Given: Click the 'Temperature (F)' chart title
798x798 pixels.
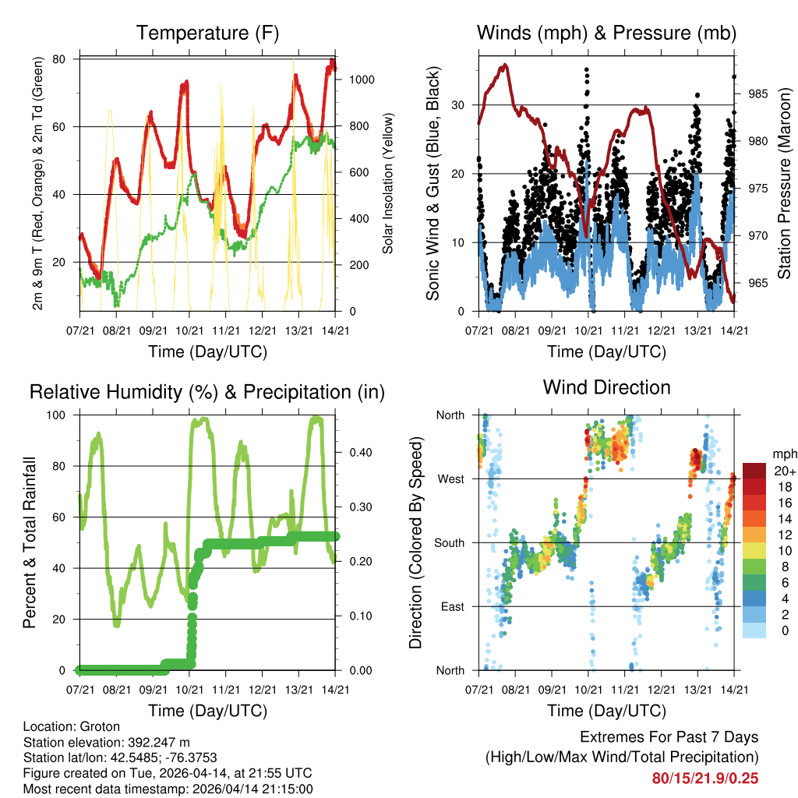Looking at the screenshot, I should tap(207, 34).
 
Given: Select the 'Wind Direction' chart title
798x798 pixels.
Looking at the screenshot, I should tap(606, 387).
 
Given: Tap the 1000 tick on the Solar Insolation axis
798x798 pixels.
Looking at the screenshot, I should tap(363, 79).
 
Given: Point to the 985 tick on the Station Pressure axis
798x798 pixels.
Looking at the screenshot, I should tap(757, 94).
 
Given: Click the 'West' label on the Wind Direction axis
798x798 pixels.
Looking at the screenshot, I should tap(450, 478).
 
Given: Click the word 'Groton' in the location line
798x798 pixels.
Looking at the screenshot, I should tap(100, 727).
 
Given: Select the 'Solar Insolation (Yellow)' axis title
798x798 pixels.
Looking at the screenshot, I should tap(387, 183).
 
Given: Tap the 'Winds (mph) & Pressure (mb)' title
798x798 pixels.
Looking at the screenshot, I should tap(606, 34).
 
